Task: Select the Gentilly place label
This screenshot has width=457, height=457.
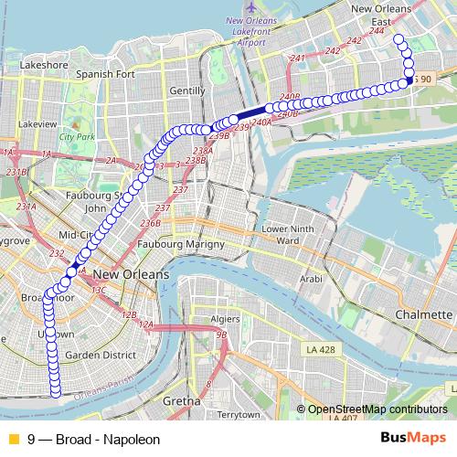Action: click(x=187, y=91)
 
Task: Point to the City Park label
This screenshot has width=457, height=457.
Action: click(x=78, y=137)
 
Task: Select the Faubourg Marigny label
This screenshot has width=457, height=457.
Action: click(x=181, y=245)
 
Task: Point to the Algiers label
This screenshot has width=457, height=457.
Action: click(x=227, y=320)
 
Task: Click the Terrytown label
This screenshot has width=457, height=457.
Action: click(x=239, y=415)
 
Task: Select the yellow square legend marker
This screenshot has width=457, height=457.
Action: click(x=13, y=439)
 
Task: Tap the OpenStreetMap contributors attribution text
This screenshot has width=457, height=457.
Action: click(x=377, y=409)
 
